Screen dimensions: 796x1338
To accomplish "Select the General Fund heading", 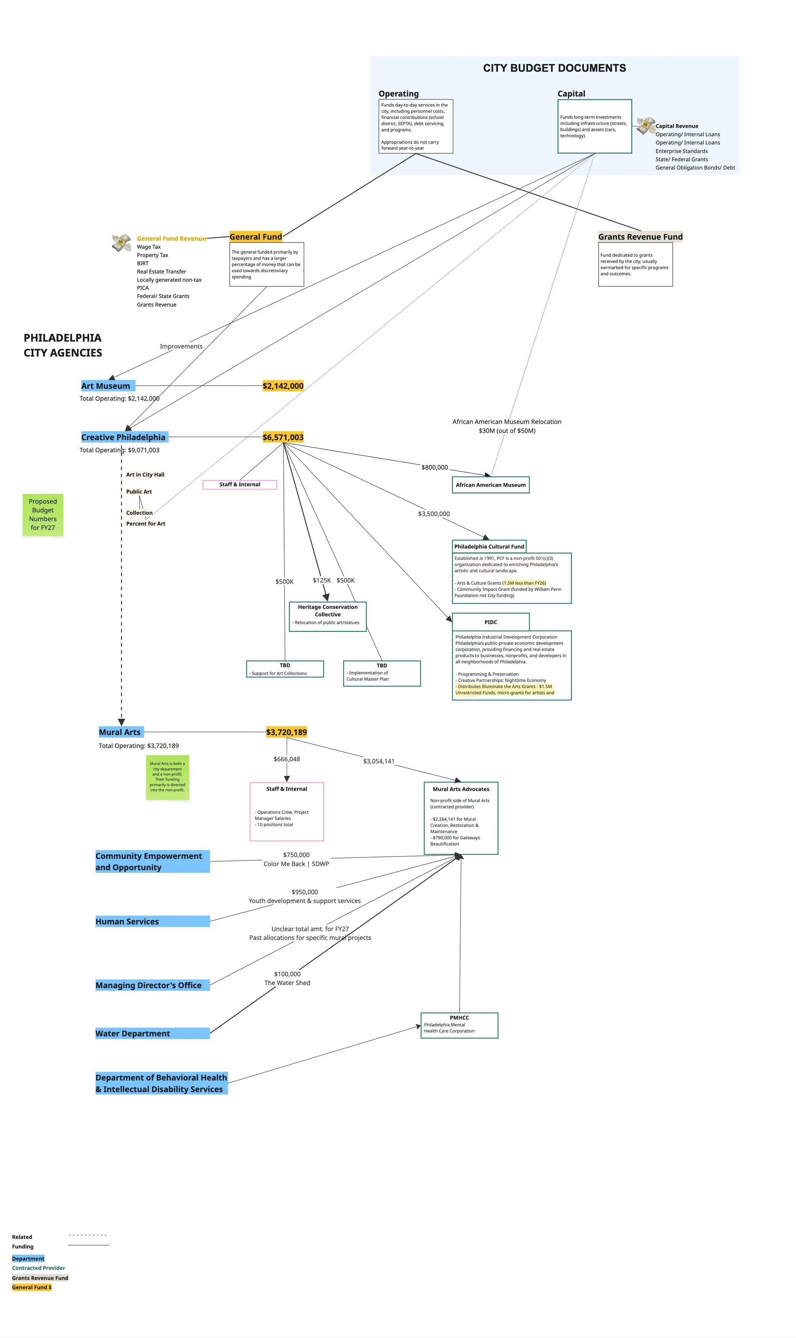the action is pyautogui.click(x=256, y=237).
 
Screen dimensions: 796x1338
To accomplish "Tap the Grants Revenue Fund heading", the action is pyautogui.click(x=640, y=237).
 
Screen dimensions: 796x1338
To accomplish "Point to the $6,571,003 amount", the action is pyautogui.click(x=283, y=437).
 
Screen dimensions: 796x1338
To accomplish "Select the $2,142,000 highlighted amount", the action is pyautogui.click(x=283, y=386).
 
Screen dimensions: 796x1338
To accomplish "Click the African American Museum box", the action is pyautogui.click(x=491, y=485).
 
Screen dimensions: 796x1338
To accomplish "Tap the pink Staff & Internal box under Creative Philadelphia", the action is pyautogui.click(x=240, y=485).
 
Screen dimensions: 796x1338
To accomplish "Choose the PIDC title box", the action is pyautogui.click(x=491, y=622).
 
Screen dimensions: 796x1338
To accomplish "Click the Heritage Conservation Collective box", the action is pyautogui.click(x=328, y=616).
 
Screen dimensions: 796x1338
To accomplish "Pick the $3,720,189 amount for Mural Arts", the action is pyautogui.click(x=287, y=732).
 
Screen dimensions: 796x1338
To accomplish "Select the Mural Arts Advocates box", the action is pyautogui.click(x=461, y=818).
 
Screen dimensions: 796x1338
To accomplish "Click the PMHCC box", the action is pyautogui.click(x=460, y=1025).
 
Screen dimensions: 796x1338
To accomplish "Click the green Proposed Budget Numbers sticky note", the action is pyautogui.click(x=43, y=515).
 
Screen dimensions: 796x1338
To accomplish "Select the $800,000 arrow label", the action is pyautogui.click(x=435, y=468).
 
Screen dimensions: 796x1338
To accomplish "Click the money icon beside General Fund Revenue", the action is pyautogui.click(x=122, y=243).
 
